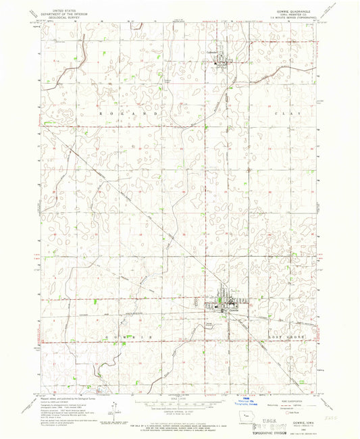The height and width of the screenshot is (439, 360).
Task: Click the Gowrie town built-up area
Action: point(223,304)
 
